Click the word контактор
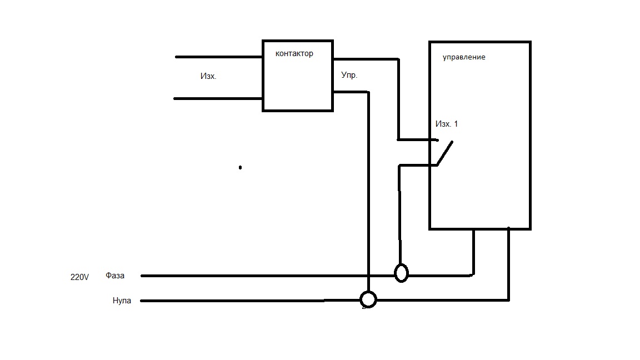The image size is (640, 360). click(x=294, y=54)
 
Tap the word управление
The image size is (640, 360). click(x=464, y=57)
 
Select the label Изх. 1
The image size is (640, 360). click(x=447, y=124)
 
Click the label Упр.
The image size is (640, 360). click(x=349, y=75)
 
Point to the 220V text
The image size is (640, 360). click(x=79, y=277)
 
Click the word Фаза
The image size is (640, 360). click(x=115, y=276)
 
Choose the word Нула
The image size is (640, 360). click(x=122, y=301)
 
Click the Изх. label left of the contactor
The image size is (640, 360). click(x=208, y=76)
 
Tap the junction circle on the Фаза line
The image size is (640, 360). click(x=401, y=273)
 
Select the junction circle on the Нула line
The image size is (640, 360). click(x=368, y=299)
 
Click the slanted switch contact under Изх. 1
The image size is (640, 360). click(x=446, y=153)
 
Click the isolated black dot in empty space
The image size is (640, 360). click(x=240, y=167)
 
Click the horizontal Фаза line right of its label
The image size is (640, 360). click(x=250, y=276)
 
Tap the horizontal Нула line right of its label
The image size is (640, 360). click(x=233, y=301)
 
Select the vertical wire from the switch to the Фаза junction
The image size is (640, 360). click(x=399, y=222)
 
